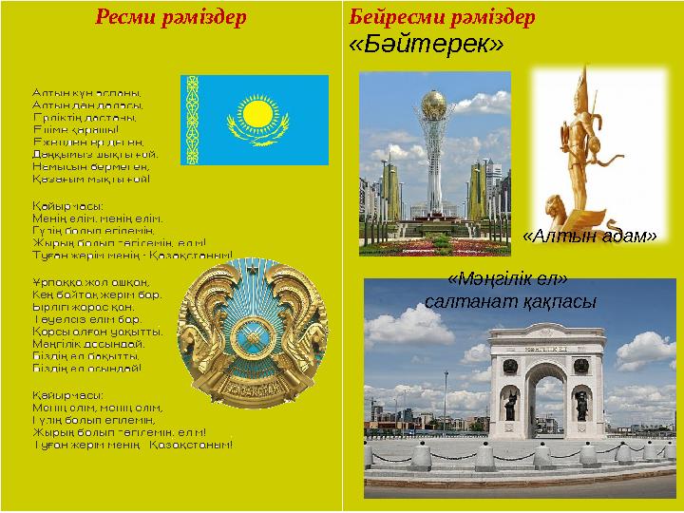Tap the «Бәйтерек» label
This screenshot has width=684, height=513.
[x=426, y=46]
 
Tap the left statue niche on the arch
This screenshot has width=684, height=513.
[x=510, y=404]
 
